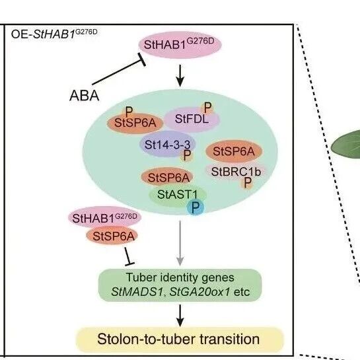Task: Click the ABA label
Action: tap(85, 96)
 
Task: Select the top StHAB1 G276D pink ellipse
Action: tap(180, 44)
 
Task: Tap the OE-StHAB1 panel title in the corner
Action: tap(54, 34)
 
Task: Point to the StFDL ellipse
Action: tap(192, 120)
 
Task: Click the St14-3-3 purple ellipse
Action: tap(168, 144)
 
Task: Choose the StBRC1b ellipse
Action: tap(236, 172)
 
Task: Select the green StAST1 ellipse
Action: tap(177, 196)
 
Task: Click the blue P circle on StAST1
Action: tap(195, 207)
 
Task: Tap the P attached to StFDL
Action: tap(207, 108)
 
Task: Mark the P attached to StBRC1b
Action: tap(247, 183)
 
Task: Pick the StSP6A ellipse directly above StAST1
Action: tap(167, 177)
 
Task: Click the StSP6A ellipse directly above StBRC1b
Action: tap(234, 151)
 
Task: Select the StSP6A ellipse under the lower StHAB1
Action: tap(112, 236)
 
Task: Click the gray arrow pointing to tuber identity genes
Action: tap(180, 243)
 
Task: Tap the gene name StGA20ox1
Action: tap(199, 292)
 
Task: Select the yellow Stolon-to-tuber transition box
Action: tap(180, 340)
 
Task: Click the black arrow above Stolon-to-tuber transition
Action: tap(180, 316)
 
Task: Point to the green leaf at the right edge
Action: tap(345, 145)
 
